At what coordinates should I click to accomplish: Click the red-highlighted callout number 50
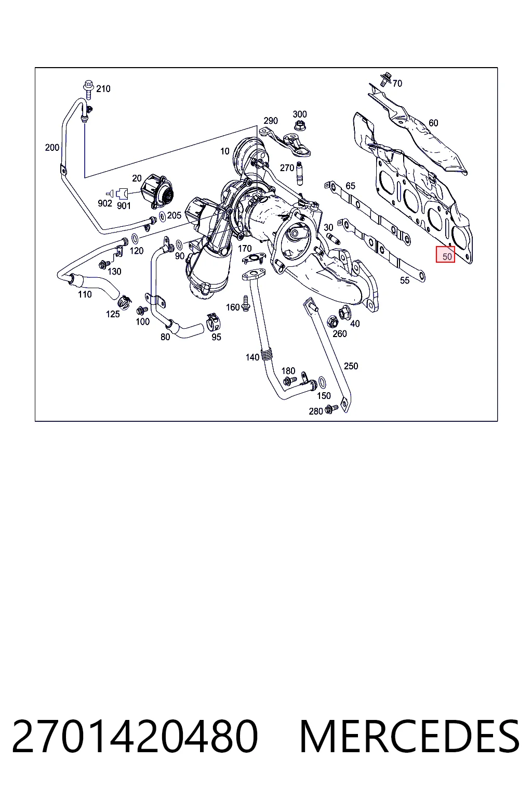click(x=447, y=256)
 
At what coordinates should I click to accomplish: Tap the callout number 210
click(x=103, y=89)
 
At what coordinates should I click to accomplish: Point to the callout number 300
click(x=300, y=114)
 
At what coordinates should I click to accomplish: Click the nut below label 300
click(x=299, y=125)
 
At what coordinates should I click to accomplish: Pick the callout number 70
click(x=397, y=83)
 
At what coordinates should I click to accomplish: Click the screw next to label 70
click(x=385, y=79)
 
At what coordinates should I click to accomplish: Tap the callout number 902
click(x=105, y=203)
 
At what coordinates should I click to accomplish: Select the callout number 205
click(x=174, y=215)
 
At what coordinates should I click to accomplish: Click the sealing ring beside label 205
click(x=162, y=216)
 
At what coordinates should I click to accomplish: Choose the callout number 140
click(x=252, y=357)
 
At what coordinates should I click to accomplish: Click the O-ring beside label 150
click(x=321, y=382)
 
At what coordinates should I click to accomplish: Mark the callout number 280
click(x=316, y=411)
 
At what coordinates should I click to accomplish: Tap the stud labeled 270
click(x=299, y=174)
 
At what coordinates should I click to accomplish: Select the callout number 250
click(x=351, y=366)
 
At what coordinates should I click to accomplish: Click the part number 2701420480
click(x=135, y=737)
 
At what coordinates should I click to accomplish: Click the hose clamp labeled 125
click(x=124, y=302)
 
